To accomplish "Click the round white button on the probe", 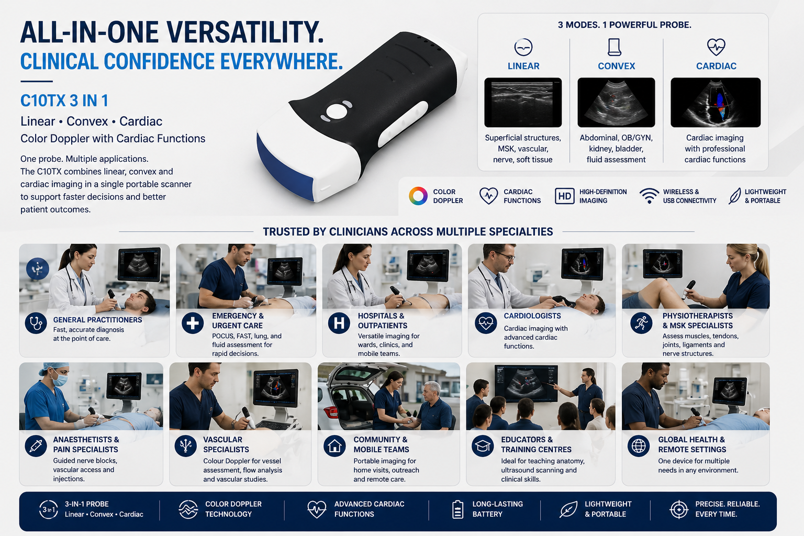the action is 337,111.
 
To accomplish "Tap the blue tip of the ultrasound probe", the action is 284,169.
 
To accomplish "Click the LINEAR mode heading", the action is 523,66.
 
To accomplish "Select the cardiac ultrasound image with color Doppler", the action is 716,102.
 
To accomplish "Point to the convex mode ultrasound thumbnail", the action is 616,102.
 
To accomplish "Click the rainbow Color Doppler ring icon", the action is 418,196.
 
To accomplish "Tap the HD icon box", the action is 565,196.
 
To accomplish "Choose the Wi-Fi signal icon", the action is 649,196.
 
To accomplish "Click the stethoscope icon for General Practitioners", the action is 36,323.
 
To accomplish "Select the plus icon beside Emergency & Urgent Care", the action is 193,323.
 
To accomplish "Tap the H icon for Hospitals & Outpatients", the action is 339,323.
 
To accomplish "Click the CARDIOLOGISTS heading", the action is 532,316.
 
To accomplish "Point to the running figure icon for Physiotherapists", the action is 641,323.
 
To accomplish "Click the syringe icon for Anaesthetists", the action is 36,446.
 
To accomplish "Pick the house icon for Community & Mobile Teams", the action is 334,446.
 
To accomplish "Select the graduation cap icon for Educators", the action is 483,446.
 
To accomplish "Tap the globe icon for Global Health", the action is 639,446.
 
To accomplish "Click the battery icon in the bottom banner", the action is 457,509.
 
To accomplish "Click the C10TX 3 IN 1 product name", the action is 64,101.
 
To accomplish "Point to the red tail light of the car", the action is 333,412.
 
